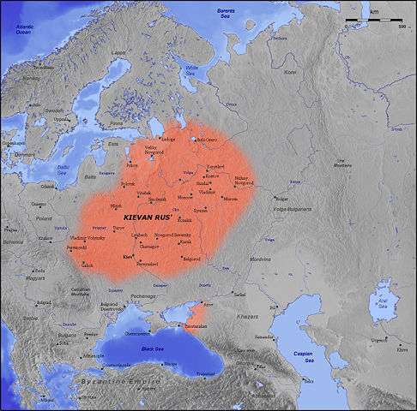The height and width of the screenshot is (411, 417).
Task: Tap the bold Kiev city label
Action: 128,256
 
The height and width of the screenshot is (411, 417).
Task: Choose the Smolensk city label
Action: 157,199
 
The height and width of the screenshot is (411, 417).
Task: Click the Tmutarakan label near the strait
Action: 188,325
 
